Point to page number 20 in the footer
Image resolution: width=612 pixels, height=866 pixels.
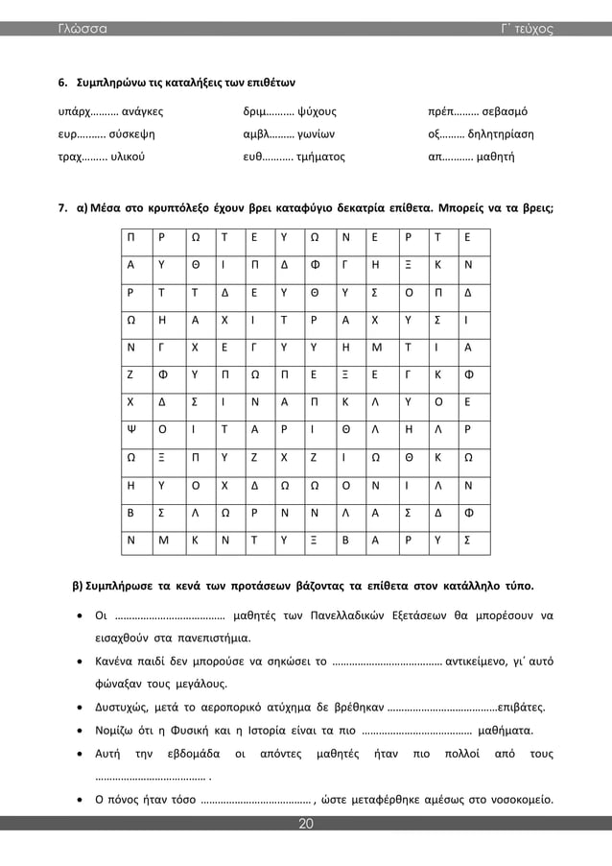(306, 823)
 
